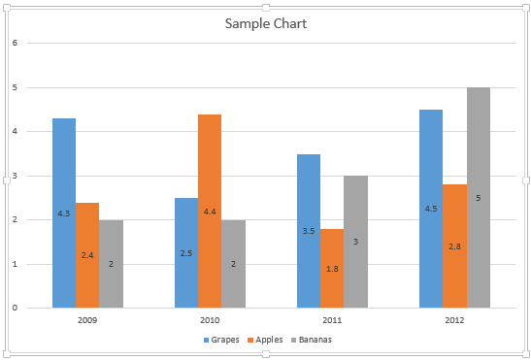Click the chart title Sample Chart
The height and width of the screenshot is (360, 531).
coord(265,23)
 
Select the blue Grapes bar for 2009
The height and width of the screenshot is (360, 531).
coord(64,184)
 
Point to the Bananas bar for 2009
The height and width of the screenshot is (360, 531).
coord(112,243)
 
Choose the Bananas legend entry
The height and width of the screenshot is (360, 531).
coord(316,340)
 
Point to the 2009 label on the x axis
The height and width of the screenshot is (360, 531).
coord(87,319)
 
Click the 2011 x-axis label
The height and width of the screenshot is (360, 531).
coord(332,319)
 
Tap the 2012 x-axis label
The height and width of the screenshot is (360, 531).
coord(454,319)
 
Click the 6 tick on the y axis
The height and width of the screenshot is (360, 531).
coord(15,44)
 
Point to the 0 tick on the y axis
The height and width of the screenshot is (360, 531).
coord(15,308)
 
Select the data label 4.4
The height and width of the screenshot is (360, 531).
coord(210,212)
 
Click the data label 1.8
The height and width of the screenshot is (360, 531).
coord(332,269)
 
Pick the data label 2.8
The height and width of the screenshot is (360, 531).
coord(454,246)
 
